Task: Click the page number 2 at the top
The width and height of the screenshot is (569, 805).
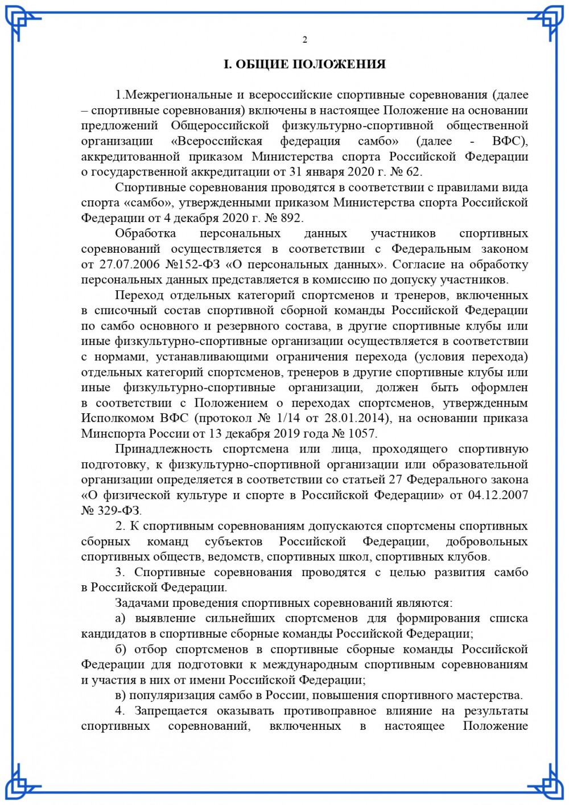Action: pyautogui.click(x=305, y=39)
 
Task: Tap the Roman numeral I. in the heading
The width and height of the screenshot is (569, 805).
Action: pyautogui.click(x=228, y=64)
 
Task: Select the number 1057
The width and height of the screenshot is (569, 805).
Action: pyautogui.click(x=362, y=434)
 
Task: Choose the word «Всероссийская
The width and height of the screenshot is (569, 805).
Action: pyautogui.click(x=216, y=141)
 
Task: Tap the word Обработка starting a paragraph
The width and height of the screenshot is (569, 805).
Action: pyautogui.click(x=145, y=233)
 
